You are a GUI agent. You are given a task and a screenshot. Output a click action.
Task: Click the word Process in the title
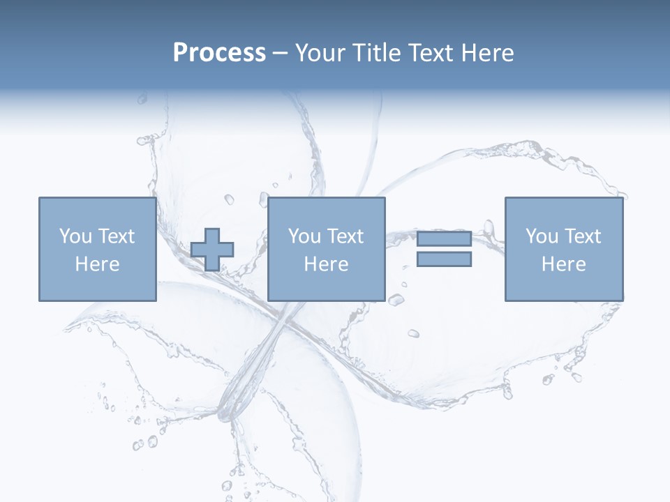[x=219, y=53]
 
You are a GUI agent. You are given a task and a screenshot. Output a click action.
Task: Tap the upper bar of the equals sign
[x=444, y=239]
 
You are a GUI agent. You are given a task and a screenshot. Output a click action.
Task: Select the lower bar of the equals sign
[x=444, y=259]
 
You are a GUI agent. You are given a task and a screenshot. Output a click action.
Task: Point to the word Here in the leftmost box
[x=97, y=264]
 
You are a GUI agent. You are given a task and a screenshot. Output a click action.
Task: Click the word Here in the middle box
[x=326, y=264]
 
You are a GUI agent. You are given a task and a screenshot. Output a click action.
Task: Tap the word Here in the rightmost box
[x=563, y=264]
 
